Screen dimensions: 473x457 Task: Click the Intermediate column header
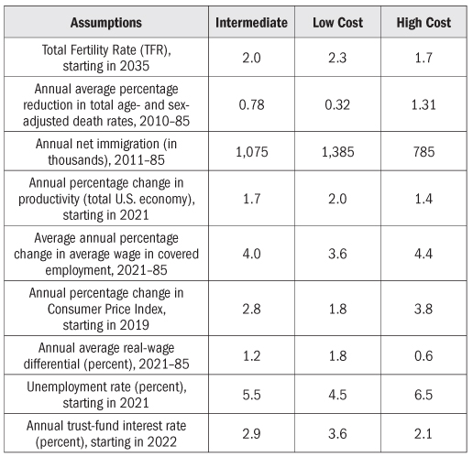pyautogui.click(x=251, y=23)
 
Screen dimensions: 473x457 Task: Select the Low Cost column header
pyautogui.click(x=337, y=23)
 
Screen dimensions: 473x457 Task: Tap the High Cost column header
pyautogui.click(x=423, y=23)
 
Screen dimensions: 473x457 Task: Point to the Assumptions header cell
pyautogui.click(x=106, y=23)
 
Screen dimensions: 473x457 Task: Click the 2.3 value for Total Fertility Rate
pyautogui.click(x=337, y=58)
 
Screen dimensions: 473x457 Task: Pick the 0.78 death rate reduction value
pyautogui.click(x=251, y=104)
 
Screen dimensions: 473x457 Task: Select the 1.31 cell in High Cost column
pyautogui.click(x=423, y=104)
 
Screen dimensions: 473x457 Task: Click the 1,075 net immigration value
pyautogui.click(x=252, y=152)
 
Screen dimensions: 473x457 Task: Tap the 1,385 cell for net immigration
pyautogui.click(x=337, y=152)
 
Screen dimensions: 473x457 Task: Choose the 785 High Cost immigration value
pyautogui.click(x=423, y=152)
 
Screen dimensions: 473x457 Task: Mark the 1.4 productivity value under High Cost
pyautogui.click(x=423, y=199)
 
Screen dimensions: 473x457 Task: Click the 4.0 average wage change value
pyautogui.click(x=251, y=254)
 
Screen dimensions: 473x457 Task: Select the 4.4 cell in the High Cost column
pyautogui.click(x=423, y=254)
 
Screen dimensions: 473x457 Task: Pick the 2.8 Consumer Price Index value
pyautogui.click(x=251, y=309)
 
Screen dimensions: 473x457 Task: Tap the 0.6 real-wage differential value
pyautogui.click(x=423, y=356)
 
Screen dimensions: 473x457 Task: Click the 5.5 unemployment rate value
pyautogui.click(x=251, y=395)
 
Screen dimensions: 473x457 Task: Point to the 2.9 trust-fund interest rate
pyautogui.click(x=251, y=434)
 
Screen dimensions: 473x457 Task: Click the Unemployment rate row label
pyautogui.click(x=106, y=395)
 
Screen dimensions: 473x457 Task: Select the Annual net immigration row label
pyautogui.click(x=106, y=152)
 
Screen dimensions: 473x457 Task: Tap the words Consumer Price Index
pyautogui.click(x=106, y=310)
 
